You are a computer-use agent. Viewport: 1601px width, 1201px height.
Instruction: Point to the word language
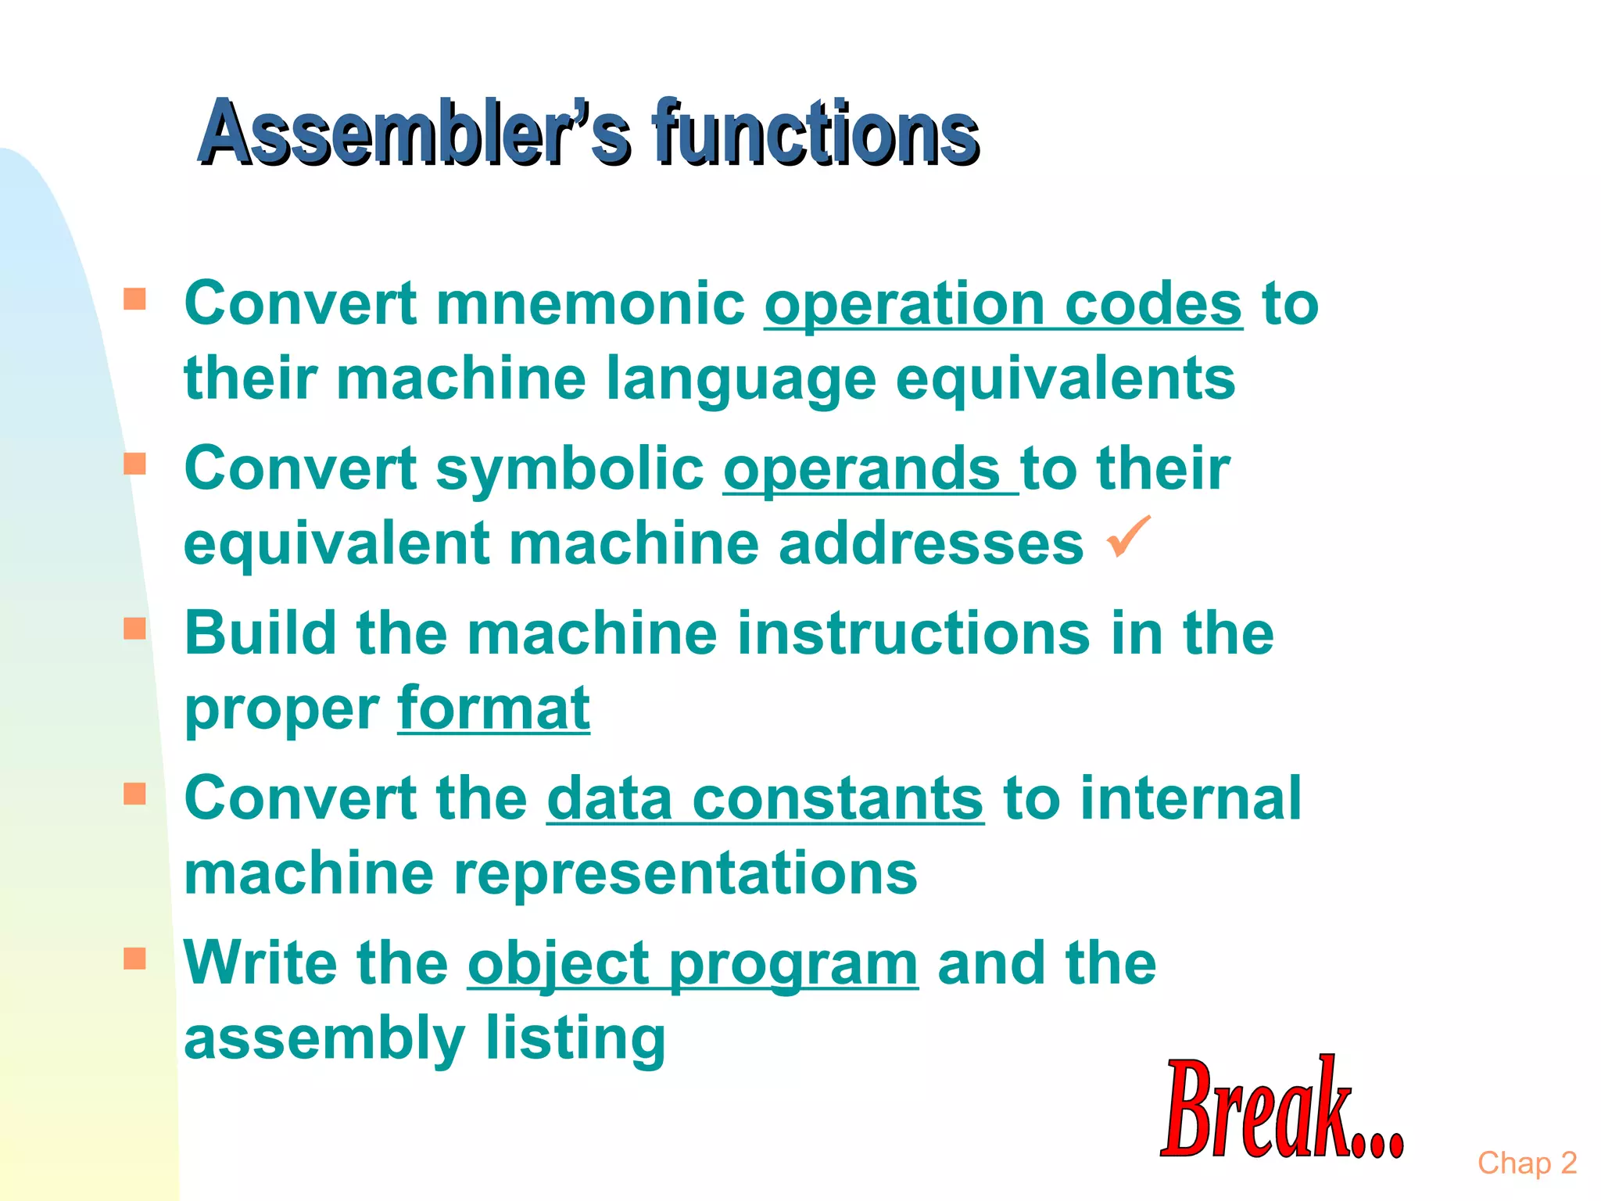(x=740, y=379)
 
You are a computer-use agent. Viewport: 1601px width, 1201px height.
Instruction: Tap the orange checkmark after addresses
(x=1129, y=536)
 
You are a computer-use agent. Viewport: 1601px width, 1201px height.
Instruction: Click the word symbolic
(x=570, y=469)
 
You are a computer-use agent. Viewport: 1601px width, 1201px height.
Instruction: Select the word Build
(x=260, y=633)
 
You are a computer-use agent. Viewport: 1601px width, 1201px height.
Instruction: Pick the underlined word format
(x=493, y=708)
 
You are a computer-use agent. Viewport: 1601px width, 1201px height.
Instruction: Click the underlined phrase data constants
(x=765, y=799)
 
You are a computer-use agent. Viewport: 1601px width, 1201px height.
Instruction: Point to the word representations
(x=685, y=873)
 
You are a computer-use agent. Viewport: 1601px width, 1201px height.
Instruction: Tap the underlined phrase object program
(x=693, y=963)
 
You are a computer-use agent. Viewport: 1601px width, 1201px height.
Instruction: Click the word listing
(x=575, y=1038)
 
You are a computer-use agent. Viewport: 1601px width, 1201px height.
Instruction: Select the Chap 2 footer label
(x=1527, y=1163)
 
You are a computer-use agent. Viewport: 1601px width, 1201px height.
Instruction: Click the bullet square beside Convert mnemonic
(x=134, y=299)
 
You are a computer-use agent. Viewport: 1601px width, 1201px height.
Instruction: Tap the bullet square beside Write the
(x=134, y=959)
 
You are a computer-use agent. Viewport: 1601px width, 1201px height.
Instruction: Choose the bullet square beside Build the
(x=134, y=629)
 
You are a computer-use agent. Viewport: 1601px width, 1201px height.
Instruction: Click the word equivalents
(x=1065, y=379)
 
